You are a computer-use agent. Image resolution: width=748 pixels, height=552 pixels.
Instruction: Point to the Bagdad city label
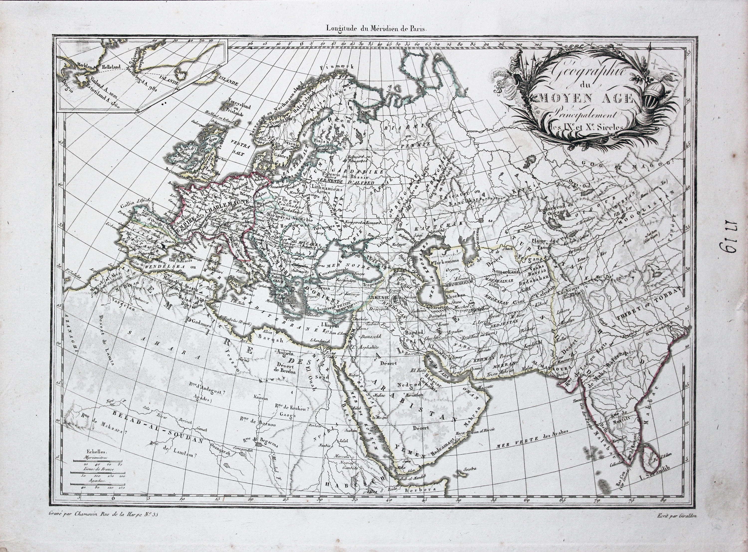[x=414, y=333]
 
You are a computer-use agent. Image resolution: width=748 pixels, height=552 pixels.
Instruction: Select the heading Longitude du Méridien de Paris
[x=377, y=29]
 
